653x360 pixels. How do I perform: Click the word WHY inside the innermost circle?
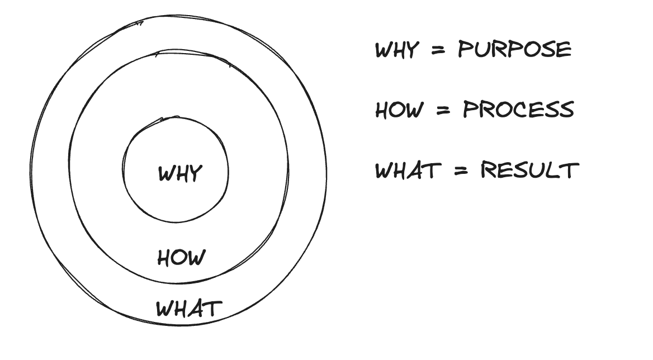point(181,173)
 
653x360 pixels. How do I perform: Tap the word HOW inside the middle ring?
point(182,258)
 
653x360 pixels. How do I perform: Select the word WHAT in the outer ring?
point(188,309)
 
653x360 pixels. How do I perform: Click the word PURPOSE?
point(515,49)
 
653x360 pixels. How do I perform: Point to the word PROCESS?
point(518,110)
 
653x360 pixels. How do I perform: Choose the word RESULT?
point(530,170)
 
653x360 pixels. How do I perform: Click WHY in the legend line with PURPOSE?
point(397,50)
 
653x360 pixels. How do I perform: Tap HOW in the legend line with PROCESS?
point(399,110)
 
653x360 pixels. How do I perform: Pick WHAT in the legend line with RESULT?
point(408,170)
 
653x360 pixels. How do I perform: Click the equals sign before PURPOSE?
point(438,50)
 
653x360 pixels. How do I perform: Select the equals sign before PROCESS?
point(443,110)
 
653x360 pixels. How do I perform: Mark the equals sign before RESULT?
point(461,170)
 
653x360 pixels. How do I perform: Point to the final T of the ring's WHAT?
point(214,309)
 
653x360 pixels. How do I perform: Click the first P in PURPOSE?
point(465,49)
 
